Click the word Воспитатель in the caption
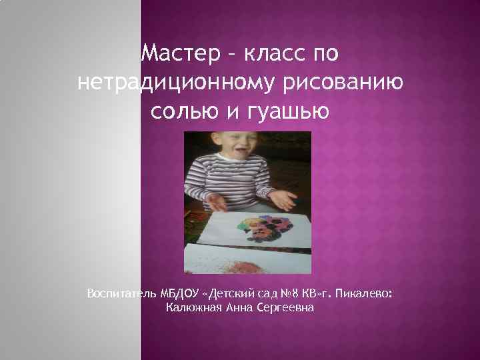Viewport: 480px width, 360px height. click(x=120, y=293)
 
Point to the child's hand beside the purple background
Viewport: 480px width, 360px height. click(x=282, y=199)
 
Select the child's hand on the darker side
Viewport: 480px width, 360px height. click(x=215, y=200)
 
